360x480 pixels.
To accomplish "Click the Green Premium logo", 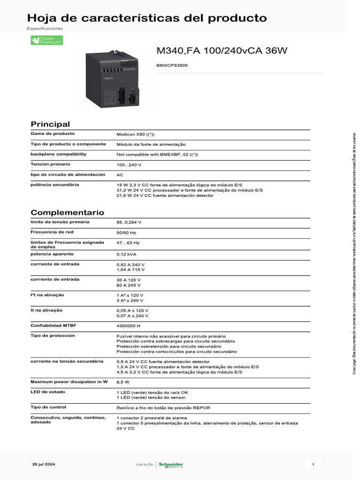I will tap(46, 40).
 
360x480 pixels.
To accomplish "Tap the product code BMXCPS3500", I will tap(172, 65).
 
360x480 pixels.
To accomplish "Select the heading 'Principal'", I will tap(50, 124).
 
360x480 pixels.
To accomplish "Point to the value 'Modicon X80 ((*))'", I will tap(135, 135).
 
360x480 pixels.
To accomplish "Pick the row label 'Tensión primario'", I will tap(50, 164).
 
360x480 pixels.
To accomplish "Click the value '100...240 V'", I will tap(129, 165).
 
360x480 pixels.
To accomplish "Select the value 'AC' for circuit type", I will tap(120, 175).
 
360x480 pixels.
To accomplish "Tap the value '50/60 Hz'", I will tap(126, 232).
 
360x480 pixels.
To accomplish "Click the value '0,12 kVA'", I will tap(126, 254).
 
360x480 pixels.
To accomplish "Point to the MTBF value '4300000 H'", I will tap(128, 326).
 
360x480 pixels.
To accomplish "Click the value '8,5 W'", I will tap(123, 382).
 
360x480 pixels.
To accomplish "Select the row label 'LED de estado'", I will tap(48, 391).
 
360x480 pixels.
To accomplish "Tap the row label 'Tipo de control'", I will tap(48, 407).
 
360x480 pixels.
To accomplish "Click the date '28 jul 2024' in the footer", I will tap(44, 464).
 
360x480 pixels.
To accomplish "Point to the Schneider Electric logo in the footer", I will tap(171, 465).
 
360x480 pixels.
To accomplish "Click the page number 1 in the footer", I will tap(313, 464).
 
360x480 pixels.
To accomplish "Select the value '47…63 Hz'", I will tap(128, 243).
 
